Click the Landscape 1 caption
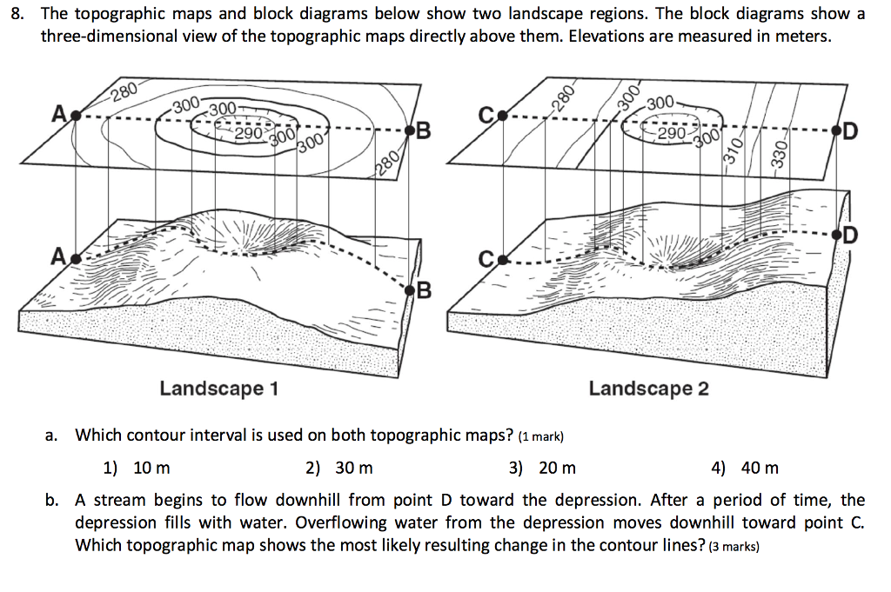[218, 388]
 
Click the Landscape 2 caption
[648, 388]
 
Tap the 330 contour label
[780, 158]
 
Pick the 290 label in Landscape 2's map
[673, 135]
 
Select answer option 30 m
[354, 469]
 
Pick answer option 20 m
[557, 469]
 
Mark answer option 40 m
[760, 469]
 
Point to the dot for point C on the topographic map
[503, 115]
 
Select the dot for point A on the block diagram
[76, 257]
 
